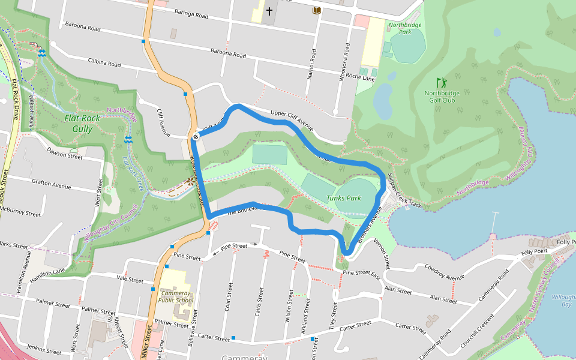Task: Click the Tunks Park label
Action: pyautogui.click(x=344, y=198)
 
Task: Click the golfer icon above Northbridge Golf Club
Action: pyautogui.click(x=442, y=82)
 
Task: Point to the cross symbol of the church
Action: pyautogui.click(x=269, y=11)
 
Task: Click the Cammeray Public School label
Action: pyautogui.click(x=176, y=296)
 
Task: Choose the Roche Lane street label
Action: pyautogui.click(x=361, y=77)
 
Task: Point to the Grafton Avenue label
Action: pyautogui.click(x=52, y=185)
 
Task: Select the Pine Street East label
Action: pyautogui.click(x=361, y=273)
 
